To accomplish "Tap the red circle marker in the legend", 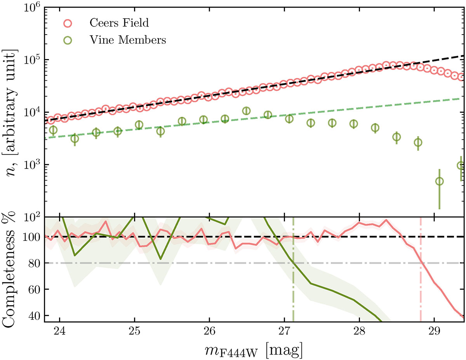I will (68, 23).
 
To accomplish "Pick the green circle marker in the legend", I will (68, 39).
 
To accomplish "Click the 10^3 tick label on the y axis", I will (30, 165).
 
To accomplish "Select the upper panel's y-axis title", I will (12, 113).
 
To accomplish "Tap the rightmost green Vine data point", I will (461, 166).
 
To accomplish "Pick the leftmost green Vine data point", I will (53, 130).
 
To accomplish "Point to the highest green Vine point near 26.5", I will (246, 111).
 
